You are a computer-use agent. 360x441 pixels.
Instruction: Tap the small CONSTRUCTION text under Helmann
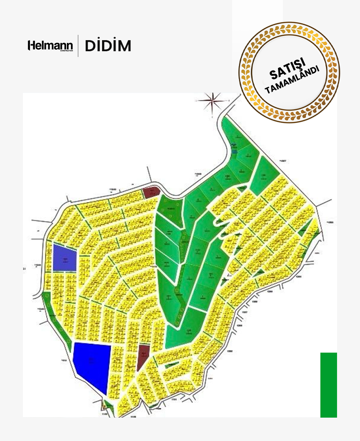pyautogui.click(x=66, y=51)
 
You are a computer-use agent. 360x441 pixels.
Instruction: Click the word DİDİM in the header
pyautogui.click(x=108, y=46)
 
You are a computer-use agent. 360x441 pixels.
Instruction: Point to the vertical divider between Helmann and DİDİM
pyautogui.click(x=78, y=46)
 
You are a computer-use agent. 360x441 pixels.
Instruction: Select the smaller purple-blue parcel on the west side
pyautogui.click(x=65, y=257)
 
